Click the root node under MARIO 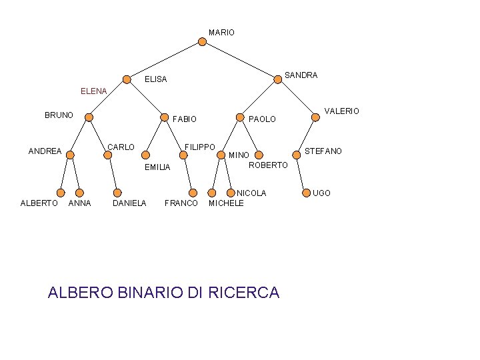click(x=203, y=41)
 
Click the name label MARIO click(x=221, y=32)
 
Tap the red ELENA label click(x=93, y=91)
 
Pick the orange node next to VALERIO click(x=315, y=117)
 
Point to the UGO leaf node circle click(x=305, y=193)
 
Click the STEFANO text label click(x=323, y=151)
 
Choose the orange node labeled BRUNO click(x=89, y=117)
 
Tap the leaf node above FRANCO click(x=193, y=193)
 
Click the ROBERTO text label click(x=268, y=165)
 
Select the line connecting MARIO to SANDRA click(x=240, y=60)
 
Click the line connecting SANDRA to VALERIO click(x=297, y=99)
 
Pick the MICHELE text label click(x=227, y=203)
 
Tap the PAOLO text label click(x=262, y=119)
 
